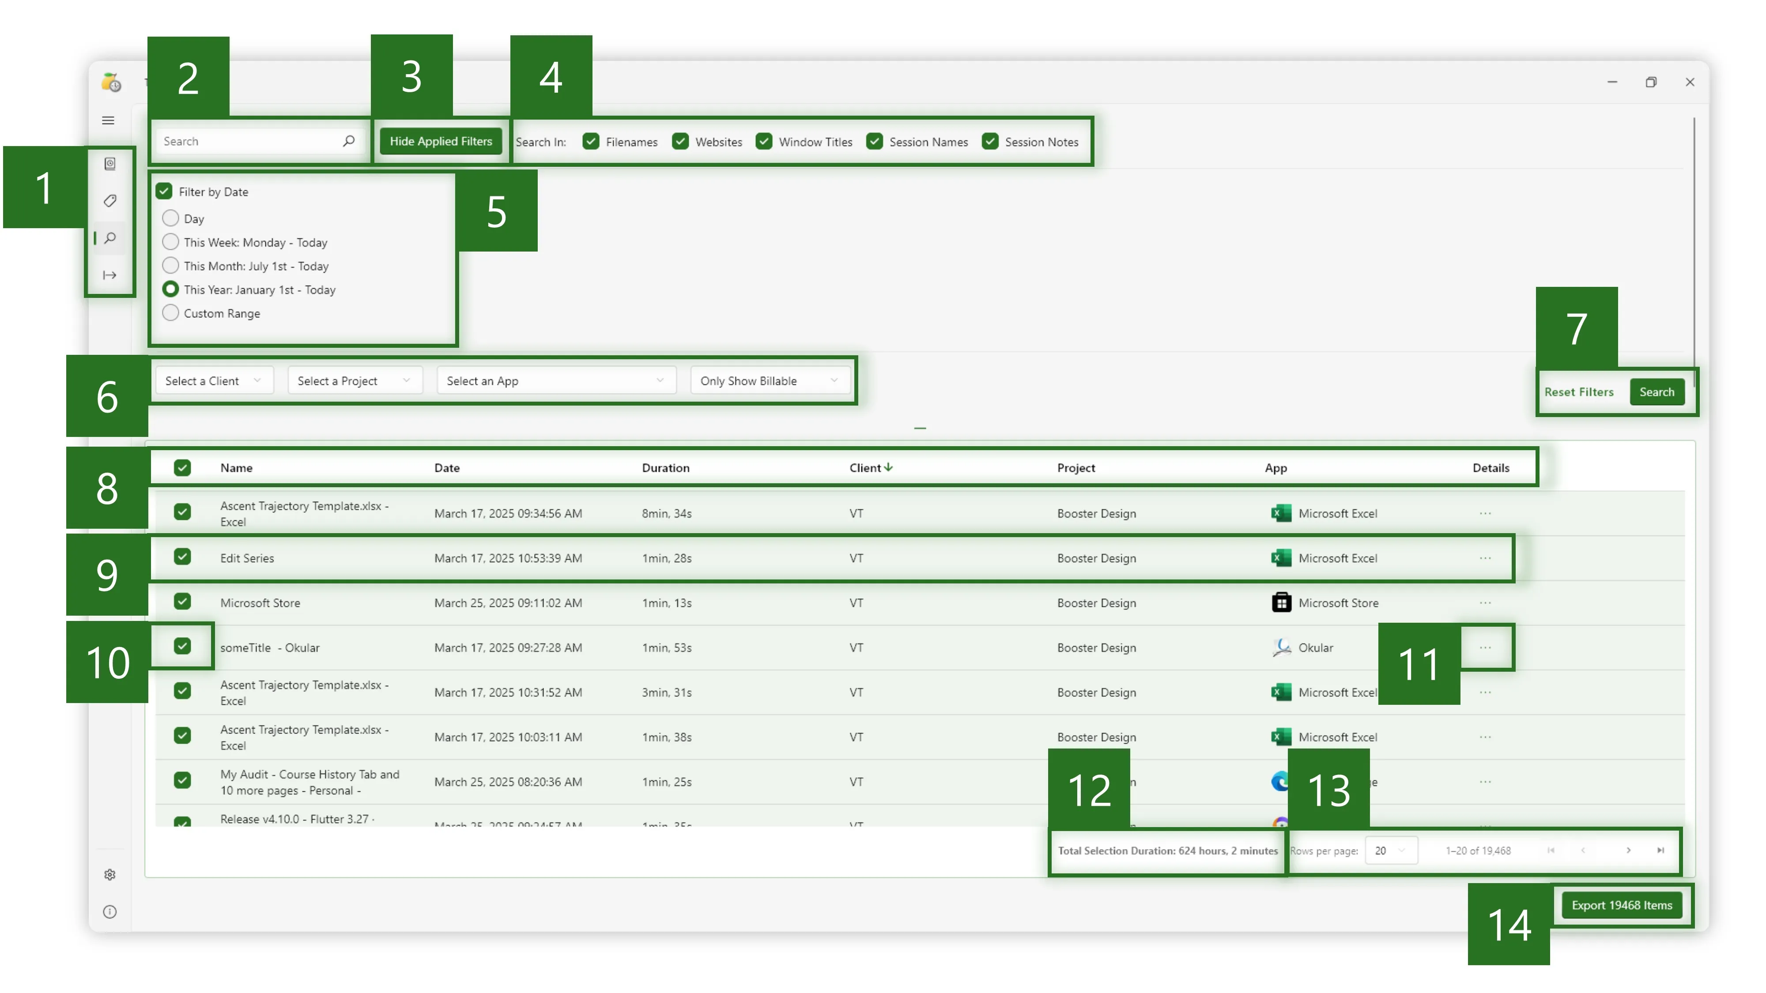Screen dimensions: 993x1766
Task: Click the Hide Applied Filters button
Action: pyautogui.click(x=441, y=141)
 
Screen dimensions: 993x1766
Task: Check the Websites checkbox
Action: pyautogui.click(x=680, y=141)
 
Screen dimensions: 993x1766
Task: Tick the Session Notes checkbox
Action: pyautogui.click(x=990, y=141)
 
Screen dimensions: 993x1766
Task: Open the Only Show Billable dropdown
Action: pyautogui.click(x=769, y=380)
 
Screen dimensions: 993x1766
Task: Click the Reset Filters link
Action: pyautogui.click(x=1579, y=392)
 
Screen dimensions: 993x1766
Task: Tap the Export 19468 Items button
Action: pyautogui.click(x=1621, y=905)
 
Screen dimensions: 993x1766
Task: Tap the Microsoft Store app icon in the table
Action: pyautogui.click(x=1281, y=602)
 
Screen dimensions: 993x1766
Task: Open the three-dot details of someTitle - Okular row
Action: pyautogui.click(x=1485, y=647)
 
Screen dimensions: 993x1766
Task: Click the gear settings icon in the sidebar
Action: pyautogui.click(x=109, y=874)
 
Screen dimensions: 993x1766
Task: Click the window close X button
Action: pyautogui.click(x=1689, y=82)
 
